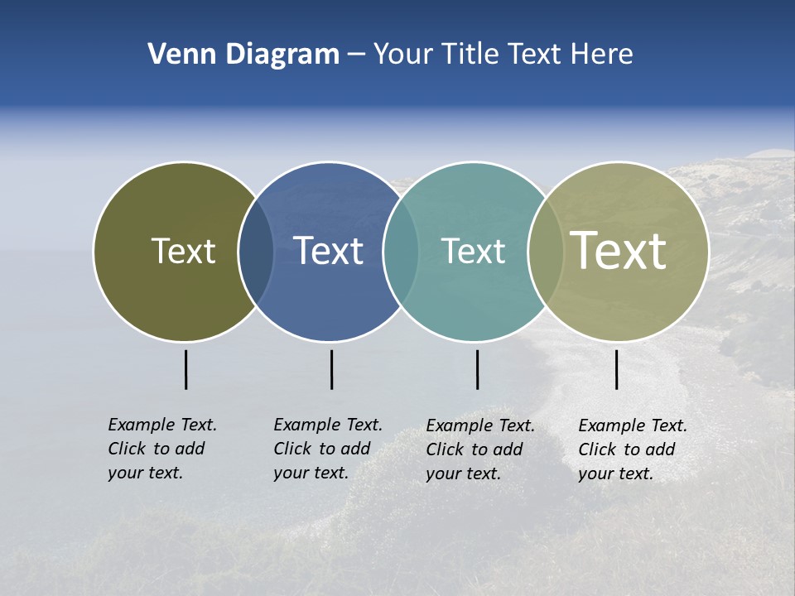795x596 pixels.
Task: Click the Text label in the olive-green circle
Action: pyautogui.click(x=183, y=251)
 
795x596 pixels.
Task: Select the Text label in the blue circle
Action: pyautogui.click(x=329, y=251)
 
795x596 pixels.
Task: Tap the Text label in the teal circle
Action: pyautogui.click(x=473, y=251)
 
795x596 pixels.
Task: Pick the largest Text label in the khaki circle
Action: pyautogui.click(x=619, y=250)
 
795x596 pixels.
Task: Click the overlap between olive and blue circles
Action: pyautogui.click(x=256, y=252)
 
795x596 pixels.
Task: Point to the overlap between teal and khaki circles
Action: pyautogui.click(x=545, y=252)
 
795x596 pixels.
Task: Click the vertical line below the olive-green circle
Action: pyautogui.click(x=186, y=369)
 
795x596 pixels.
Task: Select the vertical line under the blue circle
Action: pyautogui.click(x=331, y=369)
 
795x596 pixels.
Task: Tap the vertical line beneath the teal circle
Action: pyautogui.click(x=477, y=369)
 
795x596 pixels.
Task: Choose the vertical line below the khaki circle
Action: pyautogui.click(x=617, y=369)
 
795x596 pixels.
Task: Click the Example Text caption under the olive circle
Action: pyautogui.click(x=162, y=449)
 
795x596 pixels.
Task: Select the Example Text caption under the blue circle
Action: pyautogui.click(x=328, y=449)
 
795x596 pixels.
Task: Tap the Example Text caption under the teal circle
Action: pyautogui.click(x=480, y=449)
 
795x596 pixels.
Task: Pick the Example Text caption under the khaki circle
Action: pyautogui.click(x=633, y=449)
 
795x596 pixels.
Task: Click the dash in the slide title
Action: pyautogui.click(x=356, y=55)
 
